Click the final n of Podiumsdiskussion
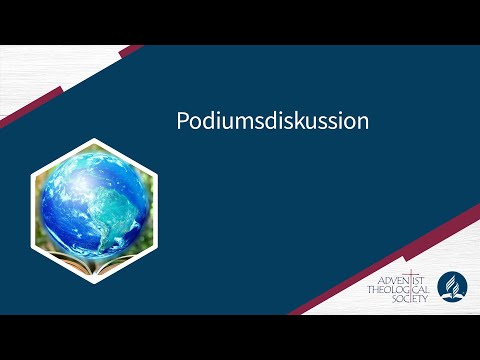pos(364,122)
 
